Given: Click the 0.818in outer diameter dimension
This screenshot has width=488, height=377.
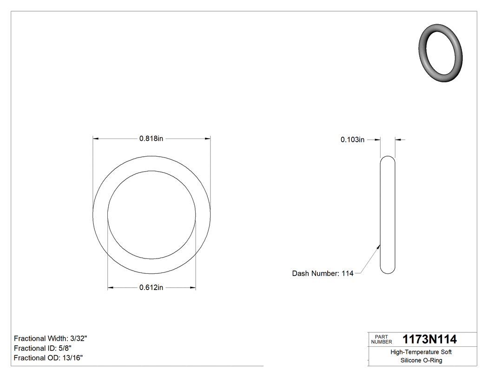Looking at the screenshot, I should pos(151,139).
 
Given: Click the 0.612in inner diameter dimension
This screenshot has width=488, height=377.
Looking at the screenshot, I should pos(151,288).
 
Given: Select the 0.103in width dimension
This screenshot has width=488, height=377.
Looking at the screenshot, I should pos(352,139).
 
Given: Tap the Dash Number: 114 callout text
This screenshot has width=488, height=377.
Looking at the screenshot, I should pos(323,273).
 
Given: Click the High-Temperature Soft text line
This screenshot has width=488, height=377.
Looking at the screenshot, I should pos(421,352).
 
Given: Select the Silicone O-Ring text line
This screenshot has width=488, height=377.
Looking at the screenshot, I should pos(421,360).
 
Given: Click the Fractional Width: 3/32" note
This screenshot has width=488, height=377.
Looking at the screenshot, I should pos(51,338).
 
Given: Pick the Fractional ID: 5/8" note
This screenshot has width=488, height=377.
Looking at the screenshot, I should pos(43,348).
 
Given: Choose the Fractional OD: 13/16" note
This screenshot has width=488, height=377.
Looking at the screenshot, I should pos(48,357).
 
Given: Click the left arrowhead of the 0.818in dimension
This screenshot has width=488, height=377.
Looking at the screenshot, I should pos(96,139).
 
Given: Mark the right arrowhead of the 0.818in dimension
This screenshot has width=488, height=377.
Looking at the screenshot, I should pos(208,139).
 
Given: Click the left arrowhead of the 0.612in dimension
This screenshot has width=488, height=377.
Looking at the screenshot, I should pos(111,288).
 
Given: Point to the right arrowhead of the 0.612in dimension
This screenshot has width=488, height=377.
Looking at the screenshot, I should pos(193,288).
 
